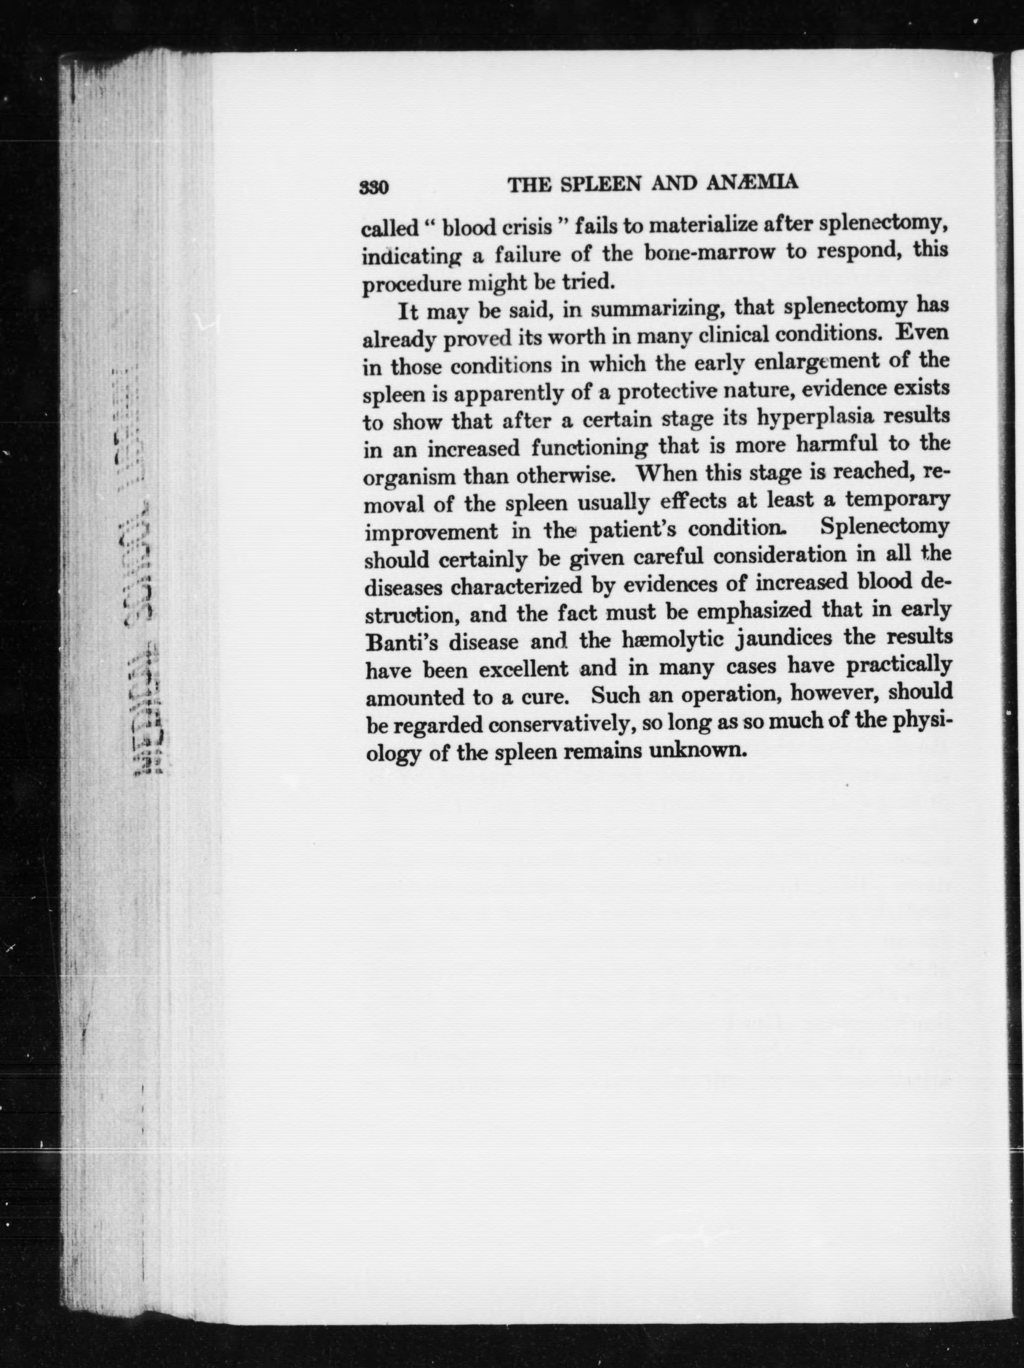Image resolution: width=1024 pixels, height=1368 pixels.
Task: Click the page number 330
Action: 374,187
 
